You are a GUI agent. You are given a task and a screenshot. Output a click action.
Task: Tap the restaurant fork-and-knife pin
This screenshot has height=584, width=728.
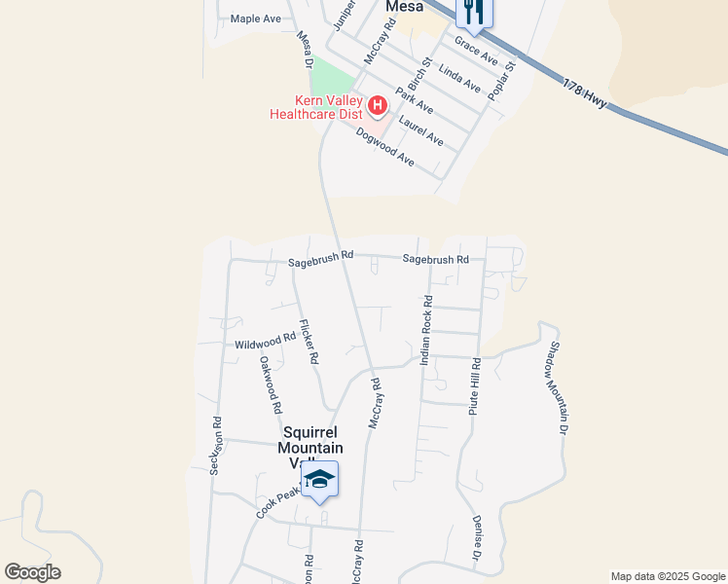click(x=475, y=10)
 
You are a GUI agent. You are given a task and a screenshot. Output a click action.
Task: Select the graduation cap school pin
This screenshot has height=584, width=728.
click(x=319, y=480)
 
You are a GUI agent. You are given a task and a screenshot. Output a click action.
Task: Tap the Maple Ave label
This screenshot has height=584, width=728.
click(x=255, y=18)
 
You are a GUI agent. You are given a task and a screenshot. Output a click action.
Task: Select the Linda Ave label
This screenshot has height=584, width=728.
click(x=459, y=79)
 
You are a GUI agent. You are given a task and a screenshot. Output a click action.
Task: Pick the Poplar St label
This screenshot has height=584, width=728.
click(x=502, y=79)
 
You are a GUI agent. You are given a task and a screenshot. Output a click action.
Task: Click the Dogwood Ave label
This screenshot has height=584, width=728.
click(x=385, y=146)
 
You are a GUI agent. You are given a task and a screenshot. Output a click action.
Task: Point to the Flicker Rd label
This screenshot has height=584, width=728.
click(x=309, y=342)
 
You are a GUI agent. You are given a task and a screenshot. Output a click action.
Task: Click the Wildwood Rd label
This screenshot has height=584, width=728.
click(x=265, y=342)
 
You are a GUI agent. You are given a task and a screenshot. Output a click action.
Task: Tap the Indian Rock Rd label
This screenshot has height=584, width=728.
click(x=425, y=331)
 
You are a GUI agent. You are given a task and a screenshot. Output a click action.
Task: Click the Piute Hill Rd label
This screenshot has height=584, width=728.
click(x=475, y=387)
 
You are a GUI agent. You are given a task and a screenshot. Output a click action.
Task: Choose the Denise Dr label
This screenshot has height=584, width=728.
click(x=477, y=538)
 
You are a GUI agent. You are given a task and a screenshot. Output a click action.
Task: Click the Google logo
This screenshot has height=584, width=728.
click(x=32, y=572)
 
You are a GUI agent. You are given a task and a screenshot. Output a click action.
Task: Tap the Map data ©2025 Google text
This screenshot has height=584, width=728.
click(x=667, y=576)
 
